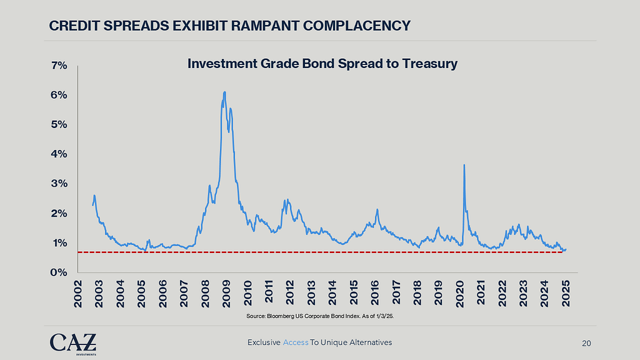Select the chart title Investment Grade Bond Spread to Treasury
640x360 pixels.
pyautogui.click(x=322, y=64)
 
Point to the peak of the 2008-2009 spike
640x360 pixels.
pyautogui.click(x=224, y=92)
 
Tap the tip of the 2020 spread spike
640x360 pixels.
pyautogui.click(x=464, y=165)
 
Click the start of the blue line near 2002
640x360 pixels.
pyautogui.click(x=93, y=204)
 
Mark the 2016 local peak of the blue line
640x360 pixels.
pyautogui.click(x=377, y=209)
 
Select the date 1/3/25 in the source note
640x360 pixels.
pyautogui.click(x=386, y=317)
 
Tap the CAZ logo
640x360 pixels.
pyautogui.click(x=73, y=342)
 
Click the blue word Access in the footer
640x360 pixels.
pyautogui.click(x=296, y=342)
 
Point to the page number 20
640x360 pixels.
pyautogui.click(x=586, y=342)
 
